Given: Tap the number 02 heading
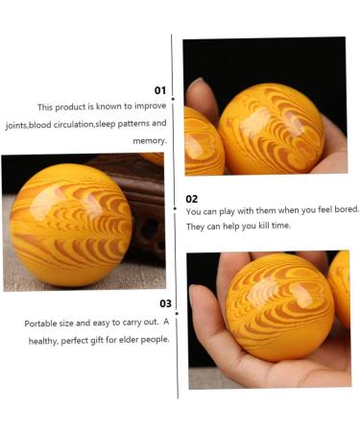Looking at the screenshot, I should pos(191,199).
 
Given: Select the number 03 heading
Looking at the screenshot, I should pos(165,303).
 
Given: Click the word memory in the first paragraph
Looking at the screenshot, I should pos(150,140).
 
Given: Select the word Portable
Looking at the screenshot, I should pos(43,324).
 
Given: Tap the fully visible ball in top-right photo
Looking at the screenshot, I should pos(271,129).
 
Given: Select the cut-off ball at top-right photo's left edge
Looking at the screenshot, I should pos(203,141).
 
